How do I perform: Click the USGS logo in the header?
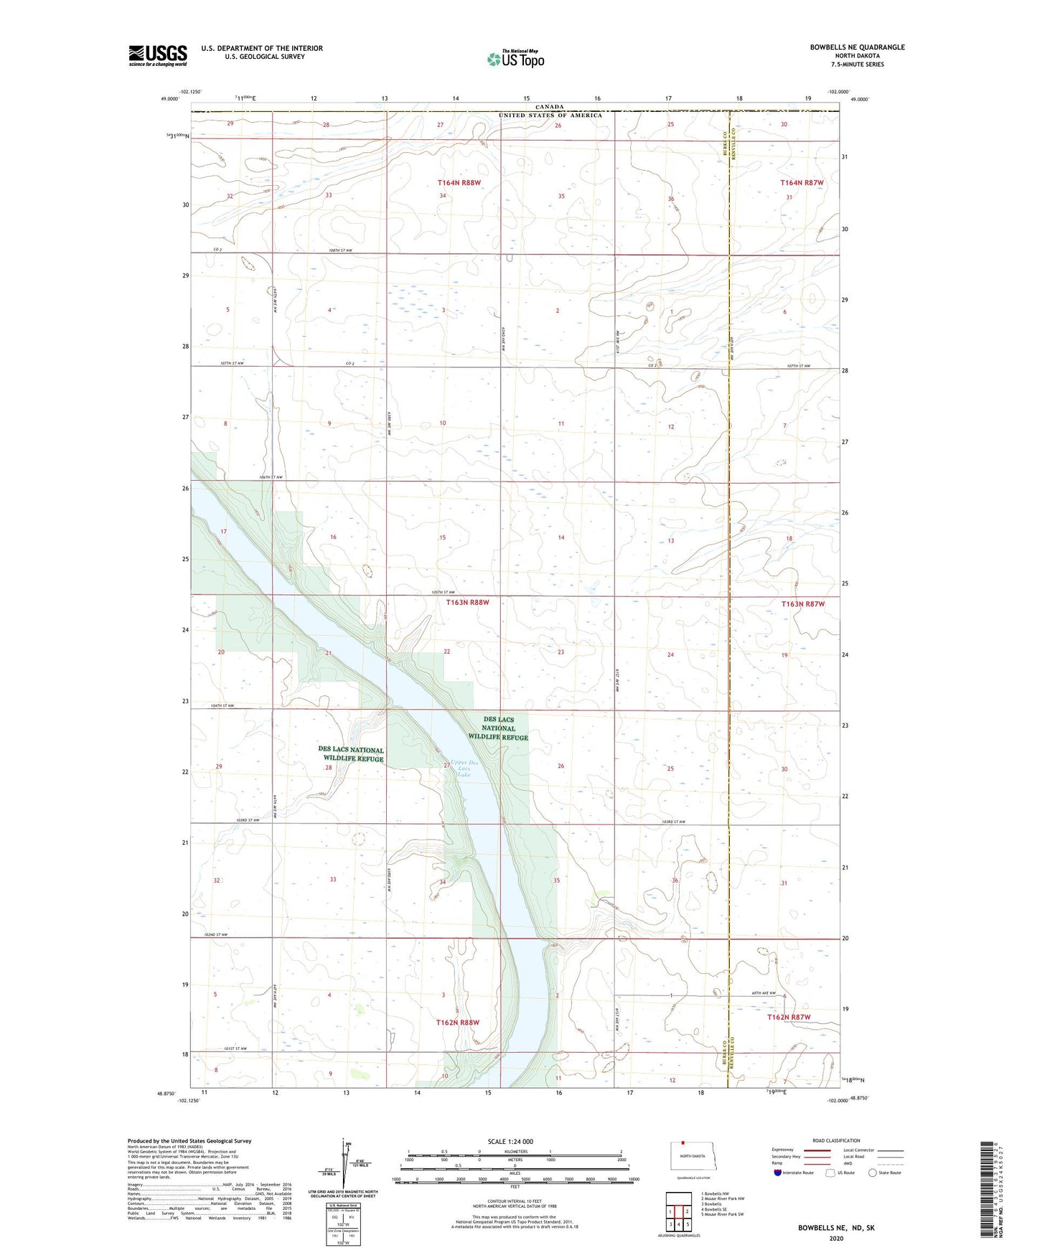click(x=158, y=55)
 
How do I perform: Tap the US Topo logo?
click(x=515, y=59)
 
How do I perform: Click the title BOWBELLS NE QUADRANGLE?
click(x=857, y=47)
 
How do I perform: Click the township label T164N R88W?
click(x=460, y=183)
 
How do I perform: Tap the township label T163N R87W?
click(x=803, y=604)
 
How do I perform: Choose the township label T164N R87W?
click(x=802, y=183)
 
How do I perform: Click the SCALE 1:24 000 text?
click(x=510, y=1141)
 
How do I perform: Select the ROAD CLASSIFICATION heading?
click(x=836, y=1140)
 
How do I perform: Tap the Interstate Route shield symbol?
click(x=779, y=1173)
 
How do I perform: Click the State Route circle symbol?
click(x=872, y=1173)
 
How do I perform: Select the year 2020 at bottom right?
click(x=836, y=1238)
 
